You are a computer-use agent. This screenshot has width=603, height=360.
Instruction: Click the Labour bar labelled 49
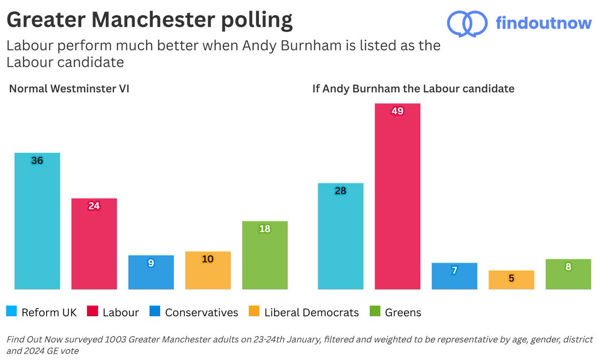[x=397, y=196]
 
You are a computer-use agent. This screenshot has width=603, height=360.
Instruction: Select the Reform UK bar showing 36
[x=37, y=221]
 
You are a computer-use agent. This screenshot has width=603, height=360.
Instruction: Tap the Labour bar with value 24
[x=94, y=244]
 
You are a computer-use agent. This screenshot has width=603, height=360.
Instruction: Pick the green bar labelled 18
[x=265, y=255]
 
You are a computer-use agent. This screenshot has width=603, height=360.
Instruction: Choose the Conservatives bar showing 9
[x=151, y=273]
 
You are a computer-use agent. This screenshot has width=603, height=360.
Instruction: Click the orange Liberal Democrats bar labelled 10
[x=208, y=271]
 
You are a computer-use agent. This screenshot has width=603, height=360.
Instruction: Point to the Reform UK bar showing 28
[x=340, y=236]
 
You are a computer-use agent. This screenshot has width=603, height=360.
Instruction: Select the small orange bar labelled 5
[x=511, y=280]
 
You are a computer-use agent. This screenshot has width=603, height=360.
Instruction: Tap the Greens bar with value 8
[x=568, y=274]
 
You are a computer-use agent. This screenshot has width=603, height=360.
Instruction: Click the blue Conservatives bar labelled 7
[x=454, y=276]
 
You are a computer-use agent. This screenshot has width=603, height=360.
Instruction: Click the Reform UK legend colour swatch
[x=12, y=312]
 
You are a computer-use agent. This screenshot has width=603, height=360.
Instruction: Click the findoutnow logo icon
[x=467, y=23]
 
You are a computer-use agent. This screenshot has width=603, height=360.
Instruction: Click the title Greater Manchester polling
[x=149, y=21]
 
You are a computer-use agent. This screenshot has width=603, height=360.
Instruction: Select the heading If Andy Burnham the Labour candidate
[x=413, y=89]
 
